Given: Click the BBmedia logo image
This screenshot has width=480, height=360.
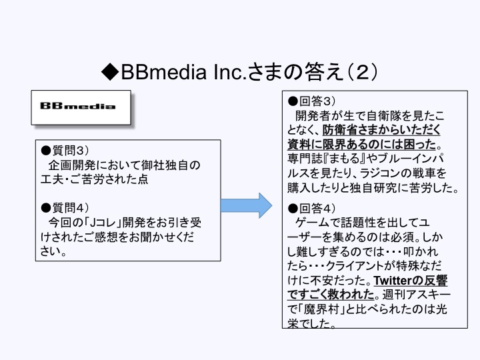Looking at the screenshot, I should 79,106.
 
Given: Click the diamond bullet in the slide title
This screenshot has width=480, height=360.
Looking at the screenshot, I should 110,71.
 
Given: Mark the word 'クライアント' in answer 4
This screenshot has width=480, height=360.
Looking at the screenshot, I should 359,266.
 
